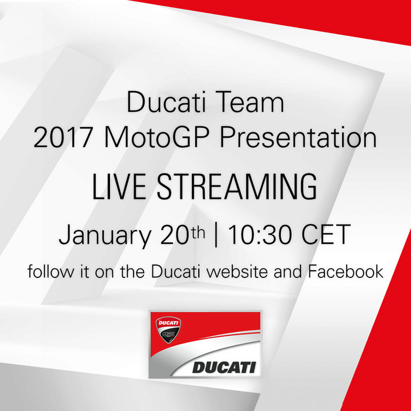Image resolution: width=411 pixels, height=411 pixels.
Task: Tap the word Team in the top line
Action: tap(251, 102)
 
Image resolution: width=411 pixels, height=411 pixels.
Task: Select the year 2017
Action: tap(63, 138)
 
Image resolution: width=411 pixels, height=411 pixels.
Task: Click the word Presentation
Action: tap(298, 137)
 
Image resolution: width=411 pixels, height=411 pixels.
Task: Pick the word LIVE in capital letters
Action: tap(119, 186)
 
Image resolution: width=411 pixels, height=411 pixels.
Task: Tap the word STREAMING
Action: tap(237, 186)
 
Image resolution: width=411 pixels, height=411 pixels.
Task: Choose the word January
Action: tap(105, 235)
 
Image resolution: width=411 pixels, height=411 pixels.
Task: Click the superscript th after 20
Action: tap(198, 232)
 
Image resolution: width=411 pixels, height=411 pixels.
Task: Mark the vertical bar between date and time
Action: tap(216, 234)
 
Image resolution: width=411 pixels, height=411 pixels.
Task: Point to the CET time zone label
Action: tap(326, 234)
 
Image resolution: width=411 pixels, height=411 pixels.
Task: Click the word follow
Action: tap(50, 271)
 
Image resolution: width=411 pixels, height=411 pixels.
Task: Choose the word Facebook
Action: tap(345, 271)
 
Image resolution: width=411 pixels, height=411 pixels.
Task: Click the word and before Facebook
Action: tap(288, 271)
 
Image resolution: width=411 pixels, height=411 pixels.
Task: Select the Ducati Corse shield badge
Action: tap(169, 330)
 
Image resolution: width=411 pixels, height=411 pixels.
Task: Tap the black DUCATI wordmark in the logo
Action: tap(224, 367)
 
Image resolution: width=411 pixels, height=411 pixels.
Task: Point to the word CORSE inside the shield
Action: tap(169, 333)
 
